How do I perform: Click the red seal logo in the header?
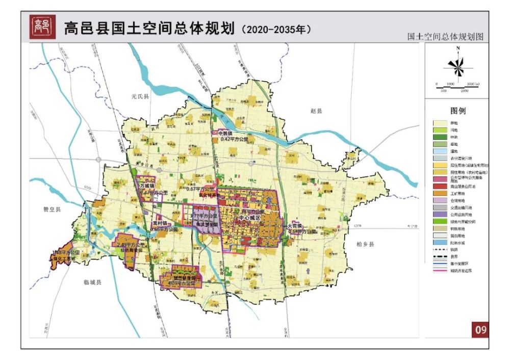(x=40, y=26)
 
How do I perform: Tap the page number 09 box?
(x=480, y=329)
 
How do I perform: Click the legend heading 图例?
(x=457, y=111)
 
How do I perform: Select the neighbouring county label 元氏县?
(x=139, y=96)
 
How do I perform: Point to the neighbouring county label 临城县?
(x=93, y=282)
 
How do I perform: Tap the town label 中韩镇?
(x=225, y=133)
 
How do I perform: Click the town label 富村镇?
(x=159, y=223)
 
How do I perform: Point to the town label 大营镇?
(x=295, y=225)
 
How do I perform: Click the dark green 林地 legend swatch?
(x=440, y=137)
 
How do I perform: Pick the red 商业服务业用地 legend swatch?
(x=440, y=187)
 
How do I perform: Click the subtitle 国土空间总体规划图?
(x=445, y=37)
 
